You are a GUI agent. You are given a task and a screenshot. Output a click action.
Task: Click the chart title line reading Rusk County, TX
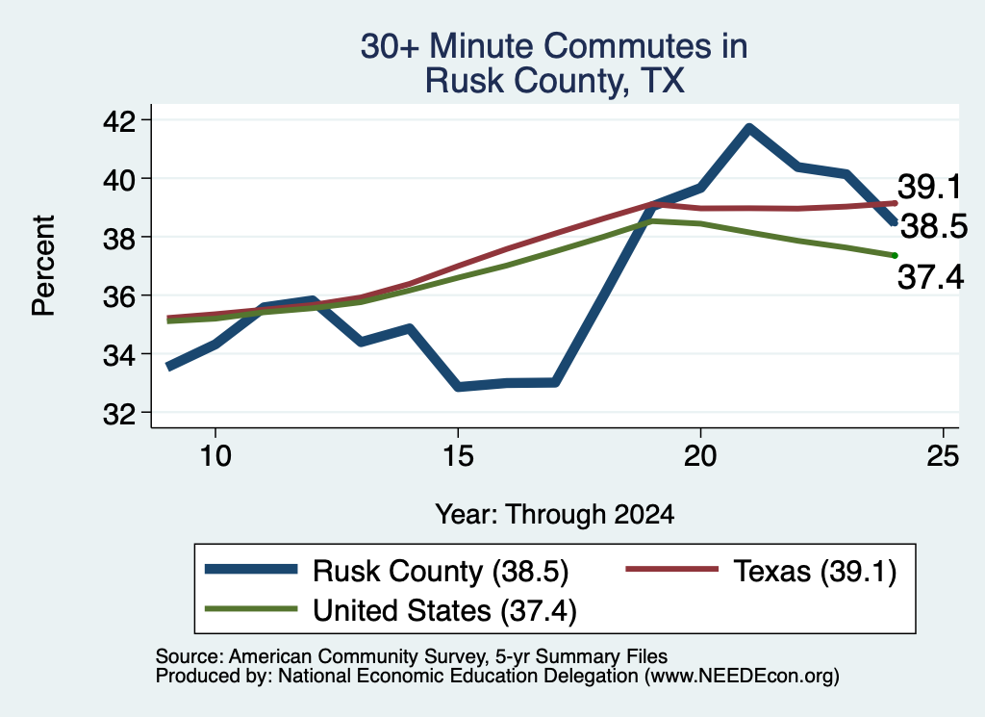point(555,81)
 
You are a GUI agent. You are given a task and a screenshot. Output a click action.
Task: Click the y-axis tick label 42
point(118,120)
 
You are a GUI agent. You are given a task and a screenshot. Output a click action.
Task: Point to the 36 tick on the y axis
point(118,295)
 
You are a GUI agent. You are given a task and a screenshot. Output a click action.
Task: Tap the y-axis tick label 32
point(118,413)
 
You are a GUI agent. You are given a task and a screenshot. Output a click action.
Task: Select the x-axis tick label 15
point(458,455)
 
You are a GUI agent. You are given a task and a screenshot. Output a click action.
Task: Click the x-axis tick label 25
point(943,455)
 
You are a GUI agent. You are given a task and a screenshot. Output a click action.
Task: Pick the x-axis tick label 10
point(215,455)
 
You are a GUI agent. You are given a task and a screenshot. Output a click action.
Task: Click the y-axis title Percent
point(44,266)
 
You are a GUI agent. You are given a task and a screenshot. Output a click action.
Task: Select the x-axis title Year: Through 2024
point(555,514)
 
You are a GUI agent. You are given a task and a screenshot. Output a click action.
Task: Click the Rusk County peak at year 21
point(748,129)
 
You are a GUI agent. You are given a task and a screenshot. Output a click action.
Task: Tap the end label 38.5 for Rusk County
point(934,226)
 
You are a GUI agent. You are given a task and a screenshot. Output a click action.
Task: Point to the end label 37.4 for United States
point(930,276)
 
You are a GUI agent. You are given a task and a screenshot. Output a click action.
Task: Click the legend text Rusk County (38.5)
point(441,572)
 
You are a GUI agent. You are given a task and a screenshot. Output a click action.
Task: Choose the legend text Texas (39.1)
point(815,572)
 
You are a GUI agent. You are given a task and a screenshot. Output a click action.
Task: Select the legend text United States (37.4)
point(444,611)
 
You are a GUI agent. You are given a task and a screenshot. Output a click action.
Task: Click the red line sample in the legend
point(672,569)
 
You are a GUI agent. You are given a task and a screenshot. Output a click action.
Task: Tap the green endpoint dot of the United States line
point(896,255)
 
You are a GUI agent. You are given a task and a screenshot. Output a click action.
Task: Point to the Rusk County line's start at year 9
point(168,367)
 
